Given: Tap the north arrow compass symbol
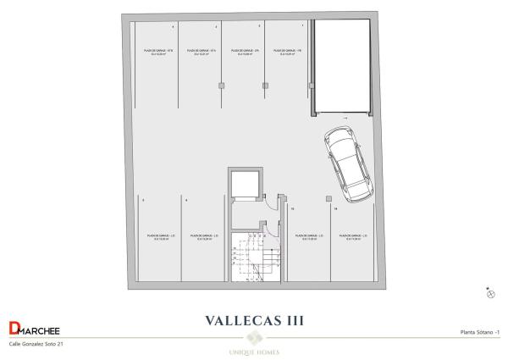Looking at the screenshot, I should point(490,293).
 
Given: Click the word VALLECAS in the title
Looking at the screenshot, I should point(240,321).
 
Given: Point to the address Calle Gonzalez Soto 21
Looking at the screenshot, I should point(36,344).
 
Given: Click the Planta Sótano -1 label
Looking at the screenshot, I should point(480,332).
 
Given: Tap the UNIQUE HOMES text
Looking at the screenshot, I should point(254,352).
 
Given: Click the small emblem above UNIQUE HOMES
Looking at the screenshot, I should point(254,338).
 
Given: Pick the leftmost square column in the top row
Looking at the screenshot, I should point(222,85).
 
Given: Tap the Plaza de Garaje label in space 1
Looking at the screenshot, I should point(288,53).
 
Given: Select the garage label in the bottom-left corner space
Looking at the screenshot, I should point(160,236).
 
